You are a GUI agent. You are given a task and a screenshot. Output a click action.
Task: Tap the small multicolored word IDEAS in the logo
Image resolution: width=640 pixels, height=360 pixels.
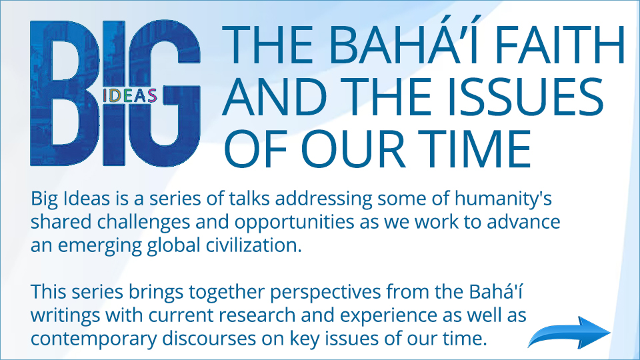(x=130, y=96)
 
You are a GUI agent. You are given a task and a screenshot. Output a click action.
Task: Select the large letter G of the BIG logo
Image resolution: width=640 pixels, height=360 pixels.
(x=165, y=93)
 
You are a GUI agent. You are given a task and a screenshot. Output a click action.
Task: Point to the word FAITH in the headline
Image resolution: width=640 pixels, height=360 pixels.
(x=560, y=44)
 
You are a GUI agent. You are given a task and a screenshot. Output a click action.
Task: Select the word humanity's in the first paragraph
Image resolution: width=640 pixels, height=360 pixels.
(x=503, y=199)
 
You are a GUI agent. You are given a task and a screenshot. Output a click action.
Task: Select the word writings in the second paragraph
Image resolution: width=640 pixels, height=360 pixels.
(x=65, y=316)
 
